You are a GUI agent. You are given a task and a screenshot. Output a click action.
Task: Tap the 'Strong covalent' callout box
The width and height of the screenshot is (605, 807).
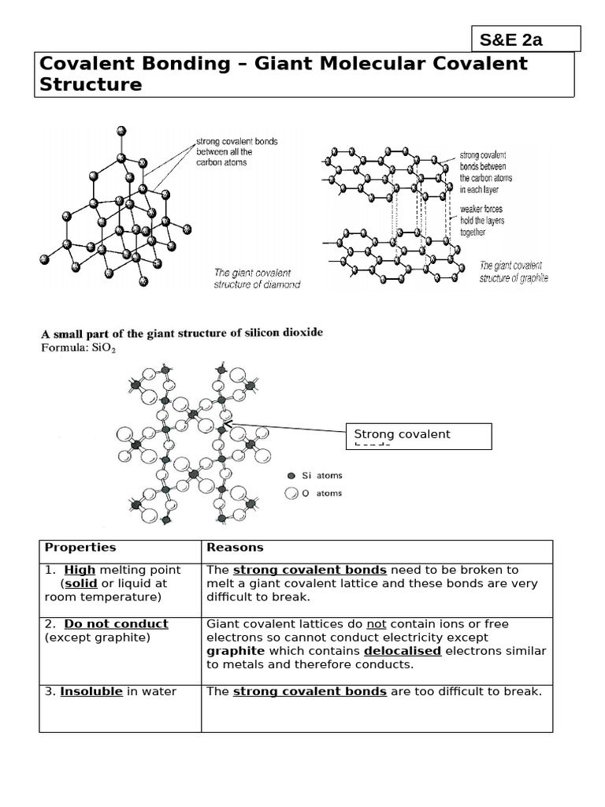pos(418,436)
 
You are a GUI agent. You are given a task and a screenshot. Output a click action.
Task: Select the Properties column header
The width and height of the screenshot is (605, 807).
pos(80,548)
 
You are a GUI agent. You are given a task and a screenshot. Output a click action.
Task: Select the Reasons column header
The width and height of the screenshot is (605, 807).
pos(235,548)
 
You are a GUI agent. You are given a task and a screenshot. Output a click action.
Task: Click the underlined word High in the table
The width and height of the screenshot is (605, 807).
pos(80,570)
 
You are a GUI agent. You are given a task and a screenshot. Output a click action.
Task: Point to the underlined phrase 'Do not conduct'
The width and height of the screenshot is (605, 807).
pos(116,624)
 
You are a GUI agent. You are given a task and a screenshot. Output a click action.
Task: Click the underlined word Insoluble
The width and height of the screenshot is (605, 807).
pos(91,692)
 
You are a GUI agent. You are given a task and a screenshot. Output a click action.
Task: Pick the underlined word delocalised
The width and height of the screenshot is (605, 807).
pos(402,651)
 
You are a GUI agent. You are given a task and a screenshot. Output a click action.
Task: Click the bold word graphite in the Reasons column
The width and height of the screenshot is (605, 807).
pos(236,651)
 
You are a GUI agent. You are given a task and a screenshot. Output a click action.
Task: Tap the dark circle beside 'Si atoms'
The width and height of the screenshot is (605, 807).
pos(291,476)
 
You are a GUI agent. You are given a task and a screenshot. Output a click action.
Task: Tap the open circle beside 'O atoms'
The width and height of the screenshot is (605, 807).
pos(291,493)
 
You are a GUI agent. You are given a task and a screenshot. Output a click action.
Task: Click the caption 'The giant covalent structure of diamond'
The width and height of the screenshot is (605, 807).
pos(257,278)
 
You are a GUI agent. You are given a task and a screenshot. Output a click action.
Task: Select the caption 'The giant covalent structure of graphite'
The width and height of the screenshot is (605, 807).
pos(513,272)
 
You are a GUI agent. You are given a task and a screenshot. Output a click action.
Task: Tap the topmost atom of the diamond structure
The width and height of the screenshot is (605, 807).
pos(120,130)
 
